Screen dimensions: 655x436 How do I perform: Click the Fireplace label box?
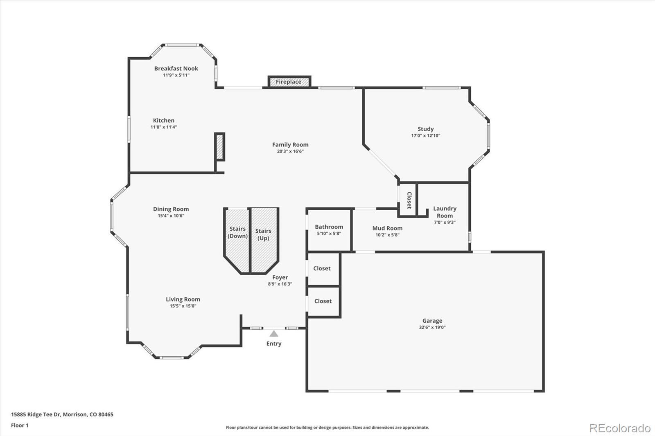[x=289, y=82]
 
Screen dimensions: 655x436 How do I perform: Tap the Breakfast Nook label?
[x=176, y=68]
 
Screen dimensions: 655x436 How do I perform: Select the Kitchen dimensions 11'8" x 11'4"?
[x=164, y=127]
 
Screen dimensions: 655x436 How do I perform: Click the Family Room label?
[x=290, y=145]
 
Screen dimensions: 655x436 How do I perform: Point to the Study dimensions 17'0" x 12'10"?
[x=425, y=136]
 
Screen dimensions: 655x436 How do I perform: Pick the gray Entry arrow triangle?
[x=274, y=334]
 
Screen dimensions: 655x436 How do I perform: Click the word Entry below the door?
[x=274, y=344]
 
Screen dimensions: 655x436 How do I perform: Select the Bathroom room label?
[x=329, y=227]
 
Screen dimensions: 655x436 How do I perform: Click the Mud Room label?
[x=387, y=228]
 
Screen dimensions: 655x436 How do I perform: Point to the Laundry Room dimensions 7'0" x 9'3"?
[x=445, y=222]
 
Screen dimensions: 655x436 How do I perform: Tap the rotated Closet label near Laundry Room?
[x=409, y=200]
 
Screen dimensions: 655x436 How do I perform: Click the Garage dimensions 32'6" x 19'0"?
[x=432, y=327]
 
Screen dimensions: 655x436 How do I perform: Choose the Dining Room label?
[x=171, y=209]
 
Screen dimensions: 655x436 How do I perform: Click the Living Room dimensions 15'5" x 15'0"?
[x=183, y=306]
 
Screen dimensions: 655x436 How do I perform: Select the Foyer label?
[x=280, y=277]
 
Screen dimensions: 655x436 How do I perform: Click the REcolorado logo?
[x=620, y=428]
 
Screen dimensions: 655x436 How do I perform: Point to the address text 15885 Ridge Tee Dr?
[x=35, y=414]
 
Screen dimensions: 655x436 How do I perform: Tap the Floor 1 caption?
[x=20, y=425]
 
